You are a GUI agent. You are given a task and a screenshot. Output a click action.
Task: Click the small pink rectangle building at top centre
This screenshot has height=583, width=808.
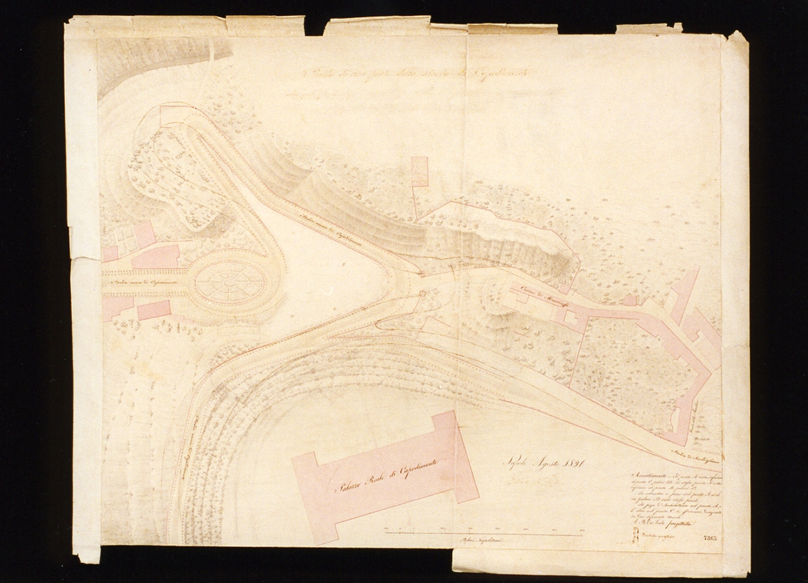[x=419, y=171]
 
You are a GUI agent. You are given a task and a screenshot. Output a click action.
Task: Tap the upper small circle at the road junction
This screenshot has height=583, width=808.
[x=421, y=275]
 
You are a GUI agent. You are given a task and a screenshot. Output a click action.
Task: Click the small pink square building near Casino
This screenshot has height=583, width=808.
[x=630, y=300]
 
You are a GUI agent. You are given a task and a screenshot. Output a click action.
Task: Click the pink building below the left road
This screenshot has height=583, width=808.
[x=154, y=310]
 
